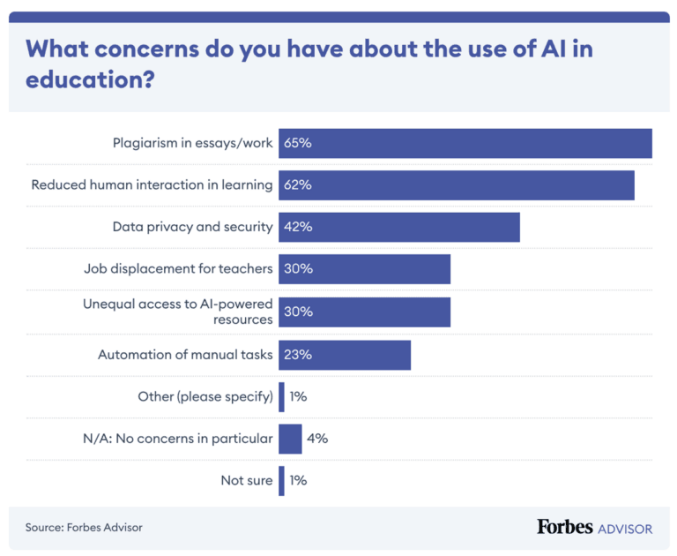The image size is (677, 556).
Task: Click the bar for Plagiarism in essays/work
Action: click(x=465, y=143)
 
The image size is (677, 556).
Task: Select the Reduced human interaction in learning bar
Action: click(x=457, y=185)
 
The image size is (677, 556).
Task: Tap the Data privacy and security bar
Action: click(x=399, y=227)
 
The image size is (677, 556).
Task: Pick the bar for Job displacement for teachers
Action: click(x=365, y=269)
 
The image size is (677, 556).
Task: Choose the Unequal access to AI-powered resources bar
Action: click(x=365, y=312)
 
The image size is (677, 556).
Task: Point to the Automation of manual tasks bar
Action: click(x=345, y=354)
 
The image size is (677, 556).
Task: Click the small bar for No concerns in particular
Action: click(x=290, y=439)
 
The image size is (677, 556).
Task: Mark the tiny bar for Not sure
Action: click(x=281, y=481)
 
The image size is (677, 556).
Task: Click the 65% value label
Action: click(x=298, y=143)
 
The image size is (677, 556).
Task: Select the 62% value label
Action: click(x=298, y=185)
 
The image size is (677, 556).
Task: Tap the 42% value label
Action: click(x=298, y=227)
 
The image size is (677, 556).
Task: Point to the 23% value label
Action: click(x=298, y=354)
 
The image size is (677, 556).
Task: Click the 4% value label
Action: click(x=317, y=439)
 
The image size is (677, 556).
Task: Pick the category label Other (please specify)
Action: click(x=205, y=396)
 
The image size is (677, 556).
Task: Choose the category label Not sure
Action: click(x=247, y=481)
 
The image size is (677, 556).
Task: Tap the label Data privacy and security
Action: click(x=192, y=227)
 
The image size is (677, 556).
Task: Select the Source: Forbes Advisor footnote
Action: click(x=84, y=527)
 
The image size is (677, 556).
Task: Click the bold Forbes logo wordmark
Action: click(x=564, y=527)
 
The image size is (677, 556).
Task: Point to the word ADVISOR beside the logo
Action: click(x=625, y=529)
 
